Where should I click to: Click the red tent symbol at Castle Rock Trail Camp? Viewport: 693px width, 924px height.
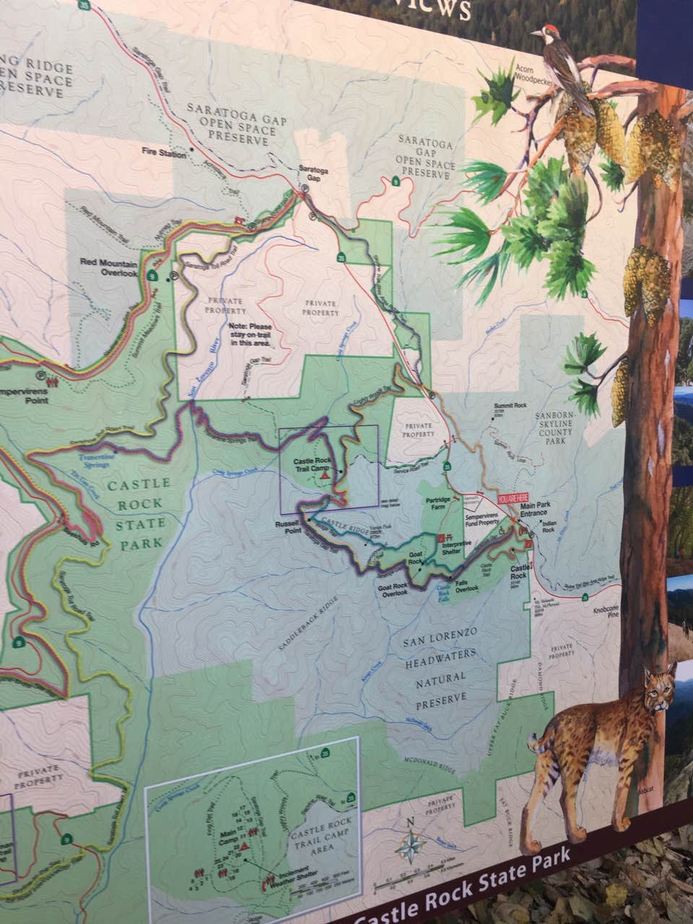pyautogui.click(x=325, y=476)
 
